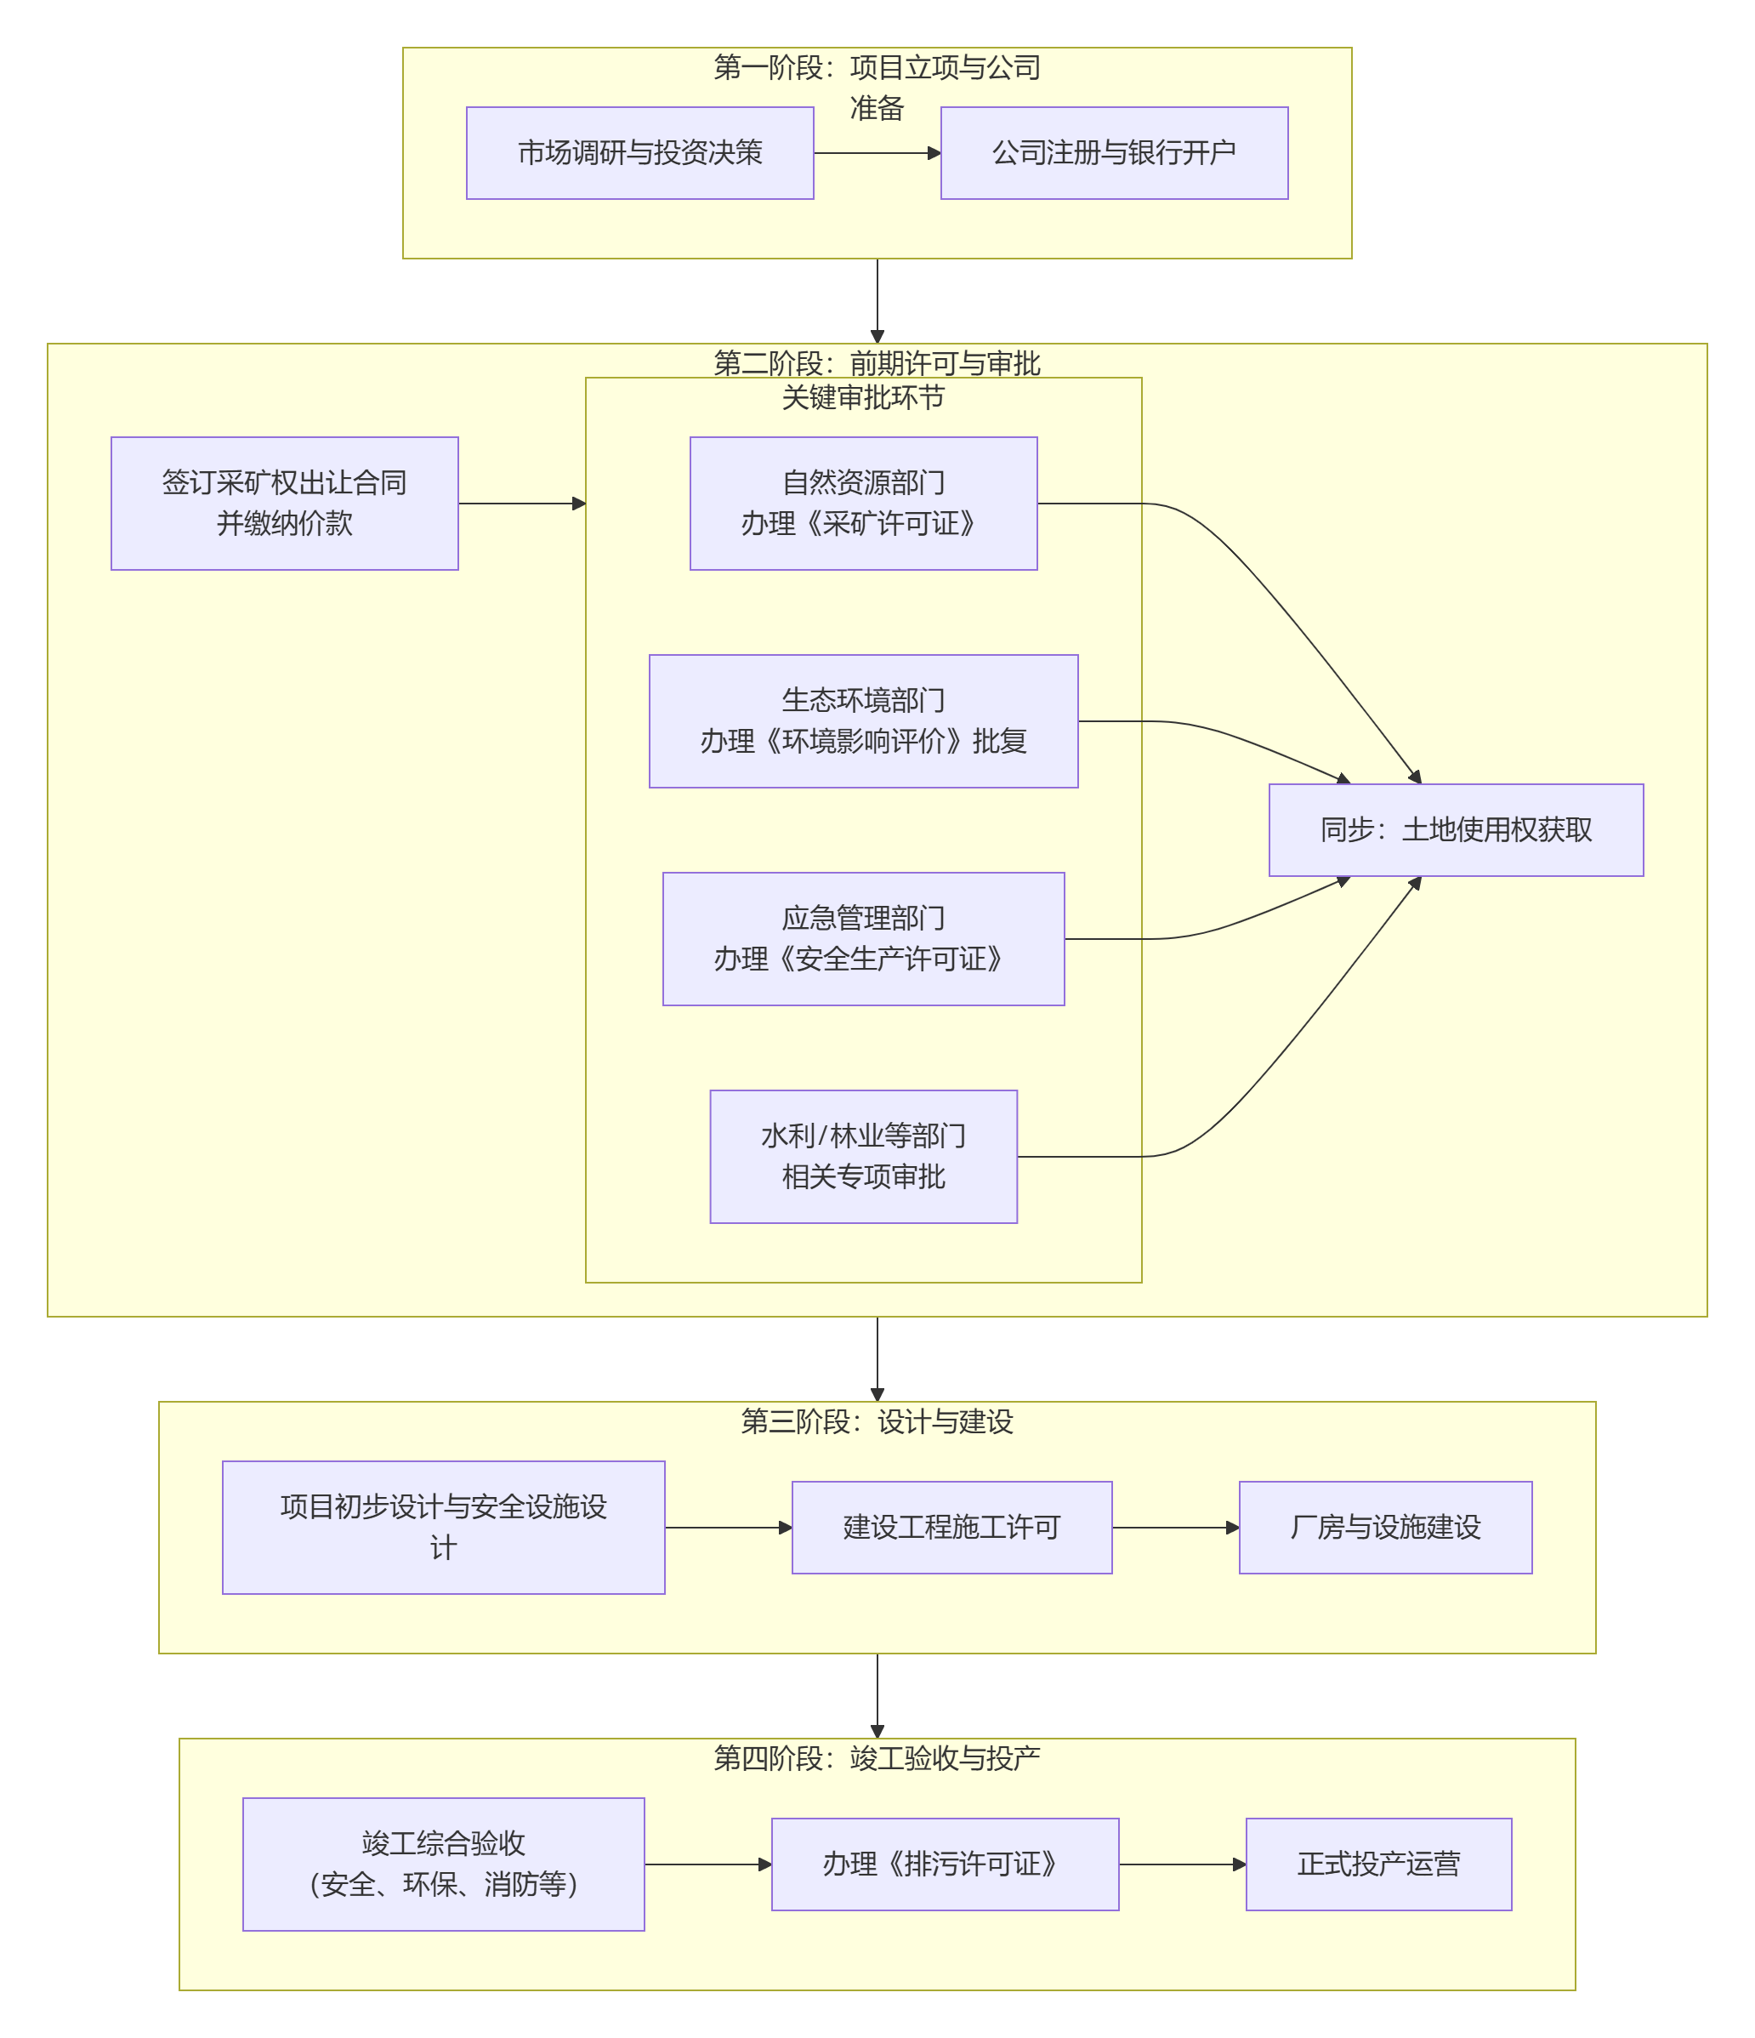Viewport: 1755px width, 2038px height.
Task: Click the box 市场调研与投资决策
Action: (x=639, y=152)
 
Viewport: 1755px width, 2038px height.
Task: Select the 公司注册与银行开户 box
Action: (x=1113, y=152)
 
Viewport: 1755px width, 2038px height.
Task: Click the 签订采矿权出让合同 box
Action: (x=284, y=503)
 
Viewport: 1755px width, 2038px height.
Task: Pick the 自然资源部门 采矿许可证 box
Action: (x=862, y=503)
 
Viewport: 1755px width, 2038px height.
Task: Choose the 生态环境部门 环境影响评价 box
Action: (x=862, y=721)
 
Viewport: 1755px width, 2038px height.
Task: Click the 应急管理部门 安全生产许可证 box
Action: (x=862, y=938)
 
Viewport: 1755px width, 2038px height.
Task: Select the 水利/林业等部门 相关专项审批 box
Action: (x=862, y=1156)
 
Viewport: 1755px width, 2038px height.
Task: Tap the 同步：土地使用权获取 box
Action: (x=1455, y=829)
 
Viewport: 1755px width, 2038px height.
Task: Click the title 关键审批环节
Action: (x=862, y=397)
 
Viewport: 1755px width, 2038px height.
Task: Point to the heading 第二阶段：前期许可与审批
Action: (x=876, y=363)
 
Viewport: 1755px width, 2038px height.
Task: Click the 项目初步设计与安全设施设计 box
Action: (x=443, y=1527)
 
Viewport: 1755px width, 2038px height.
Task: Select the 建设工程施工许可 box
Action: (x=951, y=1527)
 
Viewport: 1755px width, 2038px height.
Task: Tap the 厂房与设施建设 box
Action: (x=1384, y=1527)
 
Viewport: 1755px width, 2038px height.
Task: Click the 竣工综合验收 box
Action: (x=443, y=1863)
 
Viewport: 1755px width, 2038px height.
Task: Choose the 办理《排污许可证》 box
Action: (x=944, y=1863)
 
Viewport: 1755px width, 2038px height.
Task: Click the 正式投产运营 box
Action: (x=1377, y=1863)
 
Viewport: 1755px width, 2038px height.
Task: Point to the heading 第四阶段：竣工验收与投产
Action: (x=876, y=1757)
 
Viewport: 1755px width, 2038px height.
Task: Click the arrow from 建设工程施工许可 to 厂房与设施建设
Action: (x=1174, y=1528)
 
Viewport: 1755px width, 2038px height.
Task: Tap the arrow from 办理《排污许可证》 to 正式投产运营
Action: (x=1181, y=1864)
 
